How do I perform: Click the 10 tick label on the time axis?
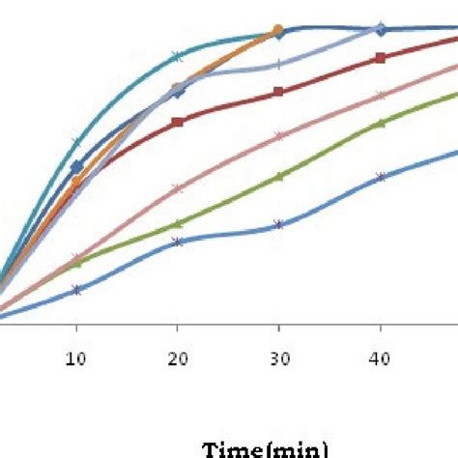[76, 358]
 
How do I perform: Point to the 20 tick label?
[177, 358]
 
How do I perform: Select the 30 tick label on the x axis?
[278, 358]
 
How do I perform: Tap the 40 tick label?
[381, 358]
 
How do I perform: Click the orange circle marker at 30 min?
[278, 30]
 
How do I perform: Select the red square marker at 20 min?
[177, 123]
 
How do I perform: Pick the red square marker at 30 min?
[278, 92]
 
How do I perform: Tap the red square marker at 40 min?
[381, 58]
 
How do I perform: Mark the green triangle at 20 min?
[177, 224]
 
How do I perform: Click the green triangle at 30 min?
[278, 177]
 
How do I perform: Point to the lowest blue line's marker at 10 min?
[76, 290]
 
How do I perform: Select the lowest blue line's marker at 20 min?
[177, 242]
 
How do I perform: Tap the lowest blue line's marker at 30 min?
[278, 224]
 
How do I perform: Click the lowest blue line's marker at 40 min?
[381, 177]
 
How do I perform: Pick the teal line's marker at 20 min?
[177, 55]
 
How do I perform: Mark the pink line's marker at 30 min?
[278, 136]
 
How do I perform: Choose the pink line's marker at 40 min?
[381, 96]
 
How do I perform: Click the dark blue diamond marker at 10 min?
[76, 167]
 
